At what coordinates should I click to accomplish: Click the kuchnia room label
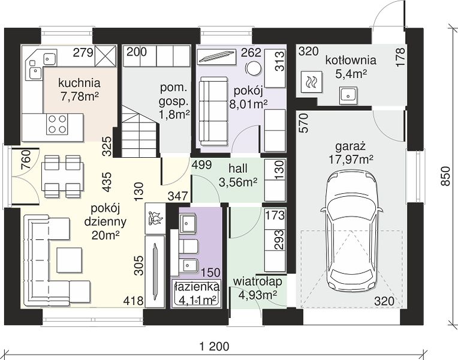click(x=79, y=83)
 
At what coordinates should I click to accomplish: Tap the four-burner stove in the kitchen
click(x=57, y=124)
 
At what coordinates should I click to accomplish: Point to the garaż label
click(x=351, y=146)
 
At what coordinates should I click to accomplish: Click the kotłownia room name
click(x=351, y=61)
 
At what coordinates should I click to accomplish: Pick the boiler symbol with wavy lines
click(x=311, y=82)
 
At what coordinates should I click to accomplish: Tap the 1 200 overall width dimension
click(x=215, y=347)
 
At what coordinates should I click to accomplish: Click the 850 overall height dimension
click(x=445, y=176)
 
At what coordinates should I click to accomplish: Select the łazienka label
click(x=196, y=287)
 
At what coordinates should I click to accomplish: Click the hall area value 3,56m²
click(x=238, y=182)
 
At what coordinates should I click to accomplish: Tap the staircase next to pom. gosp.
click(x=140, y=131)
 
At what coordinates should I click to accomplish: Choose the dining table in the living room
click(x=62, y=176)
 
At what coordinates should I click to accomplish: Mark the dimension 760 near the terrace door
click(x=26, y=160)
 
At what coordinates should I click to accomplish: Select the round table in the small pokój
click(x=253, y=68)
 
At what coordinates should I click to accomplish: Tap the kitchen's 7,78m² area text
click(x=79, y=96)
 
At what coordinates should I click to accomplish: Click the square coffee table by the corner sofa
click(x=69, y=260)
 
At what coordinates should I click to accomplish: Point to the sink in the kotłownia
click(x=348, y=95)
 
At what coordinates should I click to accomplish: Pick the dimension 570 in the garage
click(x=304, y=123)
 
